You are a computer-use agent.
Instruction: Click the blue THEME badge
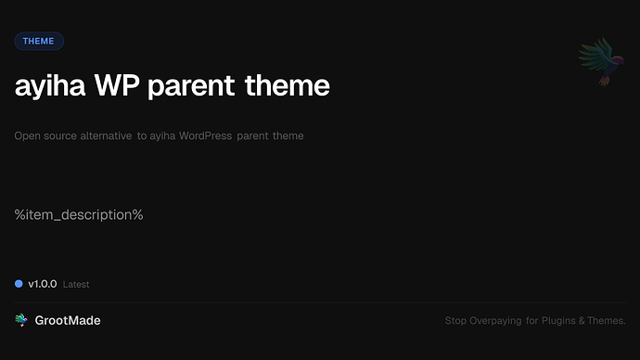click(x=39, y=41)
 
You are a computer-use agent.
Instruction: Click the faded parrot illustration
click(x=596, y=62)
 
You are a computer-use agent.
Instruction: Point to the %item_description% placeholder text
click(x=79, y=215)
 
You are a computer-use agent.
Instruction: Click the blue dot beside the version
click(x=19, y=283)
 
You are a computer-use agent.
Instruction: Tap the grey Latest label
click(x=76, y=284)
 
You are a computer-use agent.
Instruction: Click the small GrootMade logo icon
click(x=21, y=320)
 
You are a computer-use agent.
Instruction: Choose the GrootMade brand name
click(x=68, y=320)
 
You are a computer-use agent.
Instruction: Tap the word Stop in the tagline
click(x=455, y=321)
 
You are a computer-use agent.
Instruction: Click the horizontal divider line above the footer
click(x=320, y=302)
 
